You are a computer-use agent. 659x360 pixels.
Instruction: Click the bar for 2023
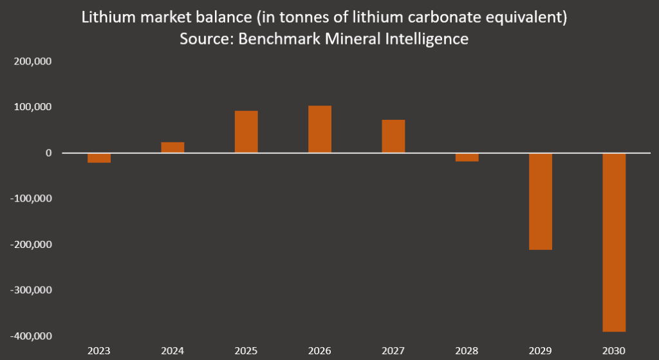pyautogui.click(x=99, y=158)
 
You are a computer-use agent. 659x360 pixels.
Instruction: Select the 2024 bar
pyautogui.click(x=172, y=147)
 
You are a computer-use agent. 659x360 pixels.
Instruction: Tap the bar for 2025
pyautogui.click(x=246, y=132)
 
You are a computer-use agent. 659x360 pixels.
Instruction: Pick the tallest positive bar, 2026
pyautogui.click(x=320, y=129)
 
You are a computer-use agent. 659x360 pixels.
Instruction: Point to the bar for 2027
pyautogui.click(x=393, y=137)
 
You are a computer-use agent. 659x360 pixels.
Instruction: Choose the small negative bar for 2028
pyautogui.click(x=467, y=157)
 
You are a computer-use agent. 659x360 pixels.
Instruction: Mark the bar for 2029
pyautogui.click(x=541, y=201)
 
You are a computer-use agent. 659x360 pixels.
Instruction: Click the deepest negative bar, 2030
pyautogui.click(x=614, y=242)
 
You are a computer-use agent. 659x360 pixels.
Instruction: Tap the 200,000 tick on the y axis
pyautogui.click(x=32, y=61)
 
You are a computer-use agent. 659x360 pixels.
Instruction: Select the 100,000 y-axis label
pyautogui.click(x=32, y=107)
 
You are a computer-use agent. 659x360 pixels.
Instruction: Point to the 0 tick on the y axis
pyautogui.click(x=48, y=153)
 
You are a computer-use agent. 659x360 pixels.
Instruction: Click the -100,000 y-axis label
pyautogui.click(x=30, y=199)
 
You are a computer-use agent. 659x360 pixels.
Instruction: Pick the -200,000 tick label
pyautogui.click(x=30, y=245)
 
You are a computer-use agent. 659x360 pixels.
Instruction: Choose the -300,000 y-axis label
pyautogui.click(x=30, y=290)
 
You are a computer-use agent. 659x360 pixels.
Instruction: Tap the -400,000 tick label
pyautogui.click(x=30, y=336)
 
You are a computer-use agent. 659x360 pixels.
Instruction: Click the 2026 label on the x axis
pyautogui.click(x=320, y=350)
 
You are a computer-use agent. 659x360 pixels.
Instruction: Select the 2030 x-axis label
pyautogui.click(x=614, y=350)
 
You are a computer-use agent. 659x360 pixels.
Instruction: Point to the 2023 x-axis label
pyautogui.click(x=99, y=350)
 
